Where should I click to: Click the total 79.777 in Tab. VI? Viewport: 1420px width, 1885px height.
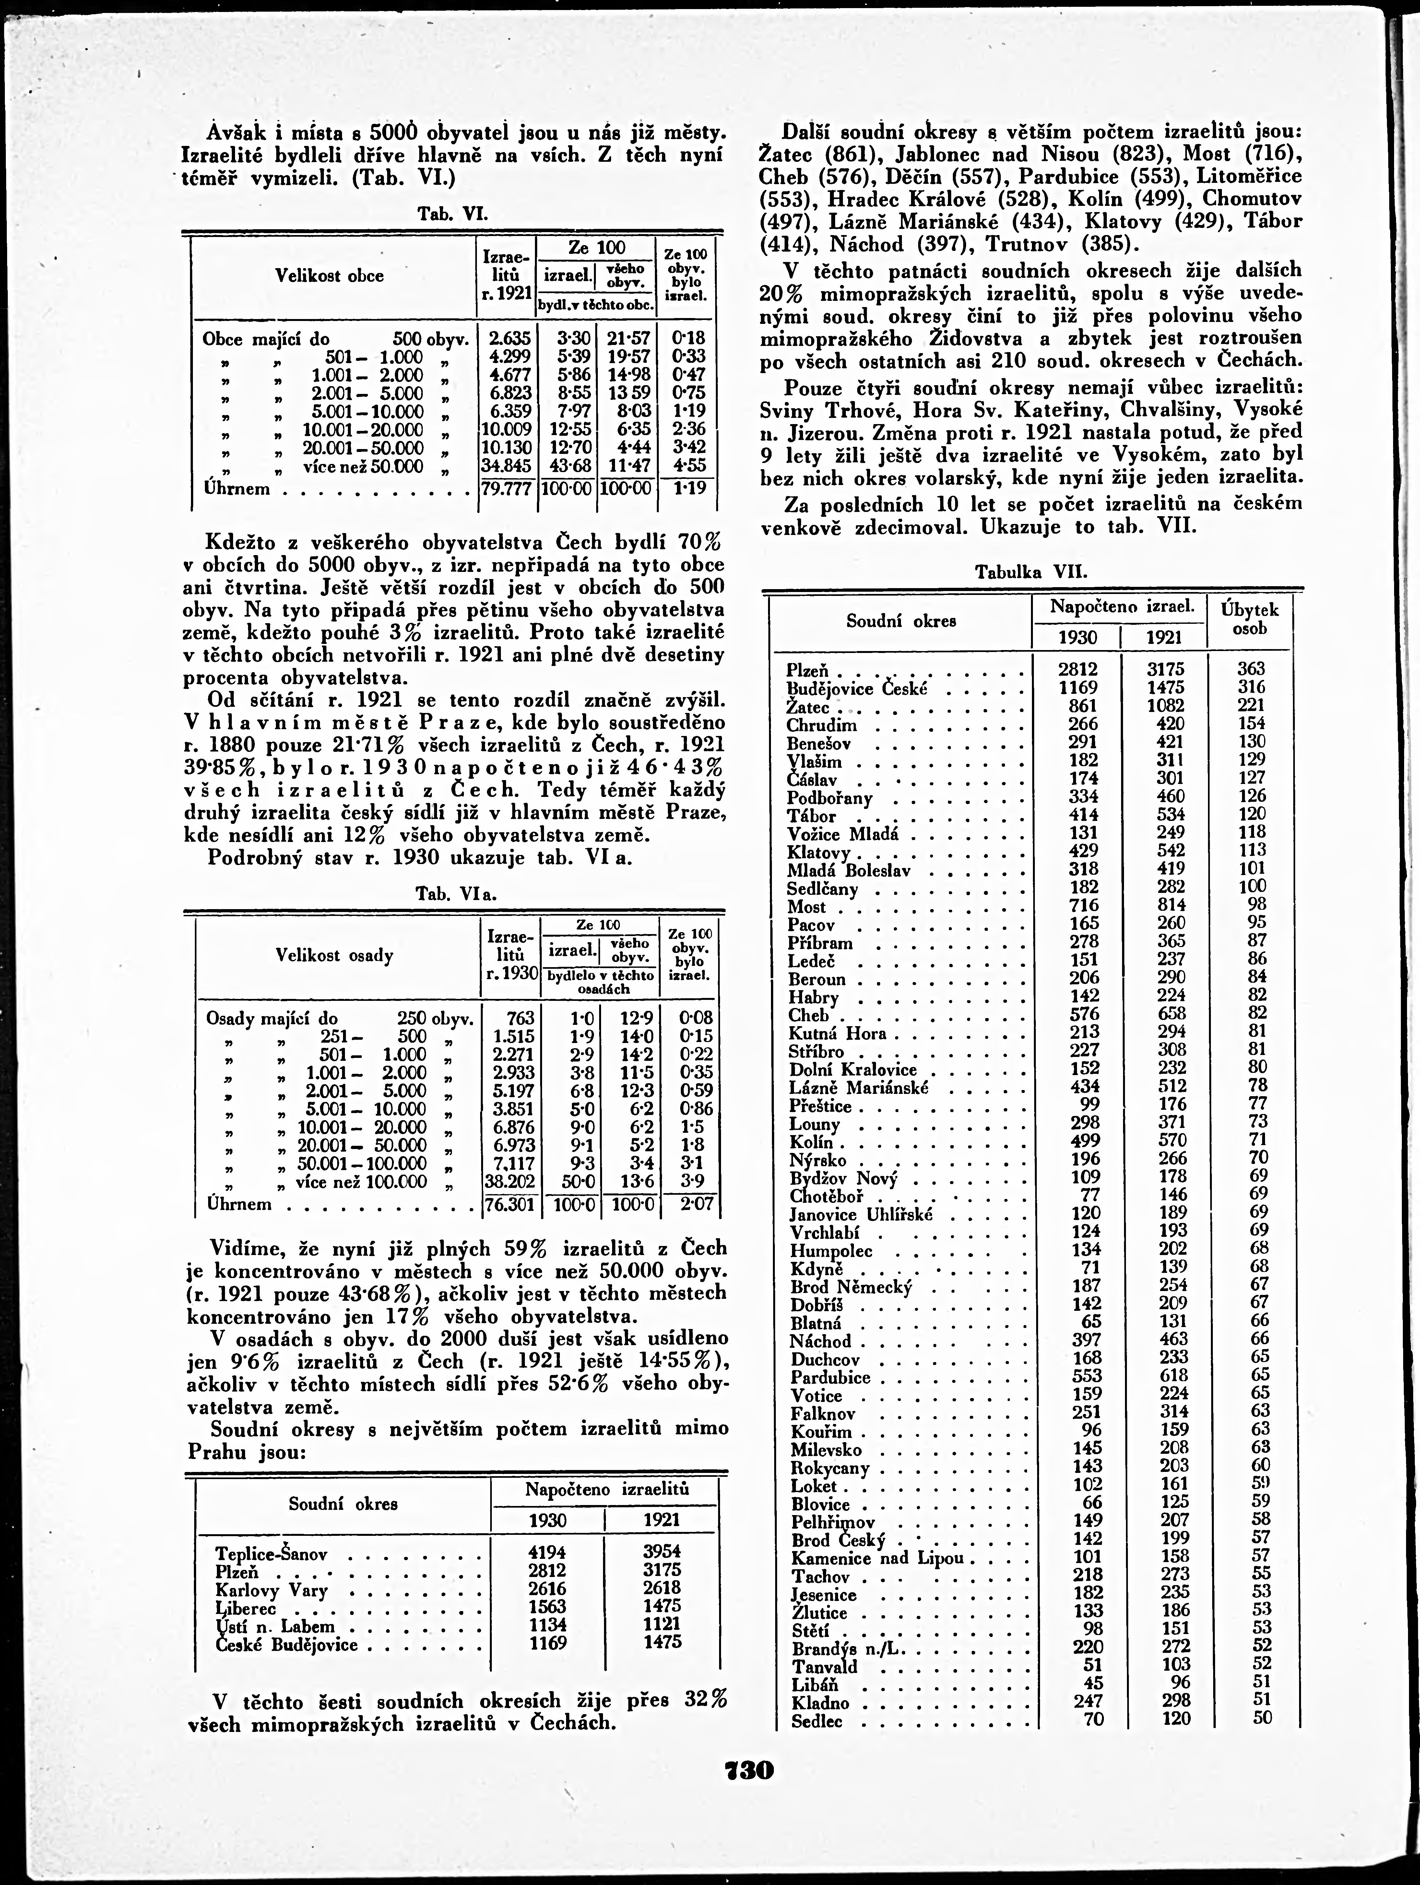pyautogui.click(x=507, y=489)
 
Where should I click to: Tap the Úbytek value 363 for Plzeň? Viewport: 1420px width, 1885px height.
pyautogui.click(x=1251, y=669)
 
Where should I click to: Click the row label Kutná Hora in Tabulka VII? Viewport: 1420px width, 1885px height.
pyautogui.click(x=837, y=1034)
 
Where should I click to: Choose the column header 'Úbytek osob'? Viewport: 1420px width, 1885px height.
pyautogui.click(x=1249, y=620)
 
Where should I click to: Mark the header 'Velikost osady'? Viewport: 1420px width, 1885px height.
pyautogui.click(x=335, y=955)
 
